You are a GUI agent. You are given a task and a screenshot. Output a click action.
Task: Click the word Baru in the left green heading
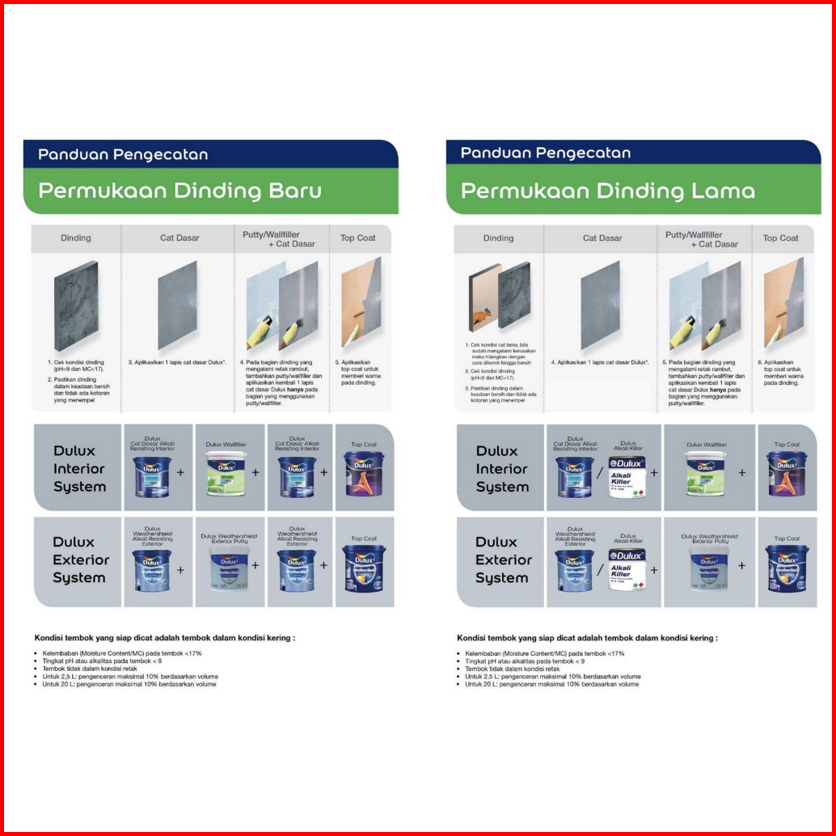click(293, 191)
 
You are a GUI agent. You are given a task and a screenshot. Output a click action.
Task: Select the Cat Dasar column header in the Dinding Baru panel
click(179, 238)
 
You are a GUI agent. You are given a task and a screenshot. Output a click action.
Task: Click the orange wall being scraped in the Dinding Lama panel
click(484, 297)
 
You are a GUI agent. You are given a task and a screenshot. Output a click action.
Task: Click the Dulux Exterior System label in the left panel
click(79, 559)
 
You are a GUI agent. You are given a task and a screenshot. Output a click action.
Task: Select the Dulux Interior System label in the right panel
click(502, 469)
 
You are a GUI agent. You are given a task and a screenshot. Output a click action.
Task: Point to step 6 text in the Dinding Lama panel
click(781, 373)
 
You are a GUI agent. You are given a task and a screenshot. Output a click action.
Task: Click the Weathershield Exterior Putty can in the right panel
click(708, 568)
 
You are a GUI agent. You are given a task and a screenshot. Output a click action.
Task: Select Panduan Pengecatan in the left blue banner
click(123, 154)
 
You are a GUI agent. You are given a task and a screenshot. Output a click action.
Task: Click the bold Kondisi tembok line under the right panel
click(587, 638)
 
